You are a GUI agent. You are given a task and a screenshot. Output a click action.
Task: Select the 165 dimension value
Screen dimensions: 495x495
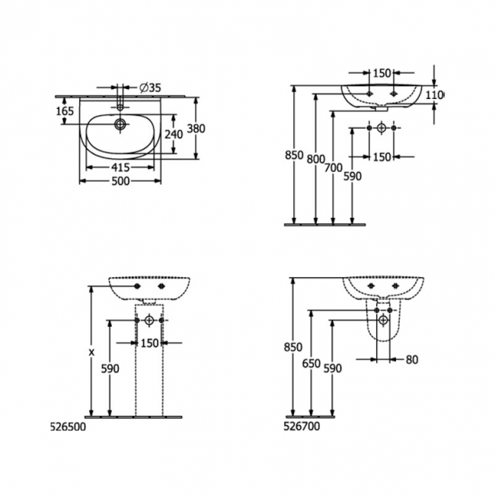[x=65, y=112]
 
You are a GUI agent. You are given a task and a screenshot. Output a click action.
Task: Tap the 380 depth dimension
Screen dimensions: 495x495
[x=196, y=129]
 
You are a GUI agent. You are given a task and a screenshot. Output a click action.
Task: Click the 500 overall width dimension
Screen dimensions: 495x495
[x=120, y=181]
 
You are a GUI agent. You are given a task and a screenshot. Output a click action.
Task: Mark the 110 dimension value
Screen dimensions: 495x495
[x=434, y=95]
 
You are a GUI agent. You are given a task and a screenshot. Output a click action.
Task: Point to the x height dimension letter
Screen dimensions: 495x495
[x=91, y=352]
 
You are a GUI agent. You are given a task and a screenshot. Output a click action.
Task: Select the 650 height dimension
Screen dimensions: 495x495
[x=310, y=363]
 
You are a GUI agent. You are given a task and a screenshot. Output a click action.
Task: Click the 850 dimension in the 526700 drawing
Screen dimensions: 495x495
[x=292, y=347]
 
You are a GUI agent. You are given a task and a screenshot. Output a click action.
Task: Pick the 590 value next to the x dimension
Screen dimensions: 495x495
[x=110, y=369]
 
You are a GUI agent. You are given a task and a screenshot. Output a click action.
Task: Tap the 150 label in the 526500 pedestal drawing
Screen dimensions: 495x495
[x=149, y=343]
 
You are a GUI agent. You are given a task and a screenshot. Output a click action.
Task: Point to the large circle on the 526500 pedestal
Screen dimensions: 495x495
[x=149, y=319]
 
